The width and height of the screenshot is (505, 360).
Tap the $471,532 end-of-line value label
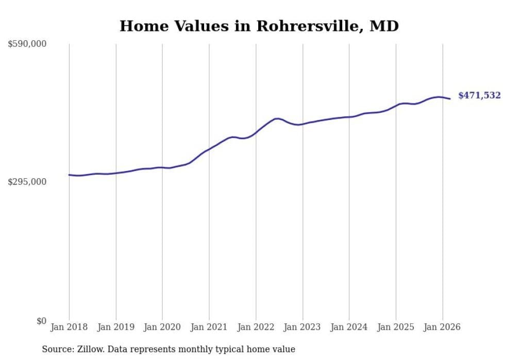[479, 95]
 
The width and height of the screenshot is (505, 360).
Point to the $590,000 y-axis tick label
[27, 44]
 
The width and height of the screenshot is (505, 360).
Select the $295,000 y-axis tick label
[27, 182]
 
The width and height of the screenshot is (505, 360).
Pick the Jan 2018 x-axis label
[69, 327]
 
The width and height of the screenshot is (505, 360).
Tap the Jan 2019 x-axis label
[116, 327]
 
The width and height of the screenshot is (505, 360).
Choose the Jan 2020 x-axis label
[162, 327]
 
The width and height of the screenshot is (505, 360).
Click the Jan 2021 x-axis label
[209, 327]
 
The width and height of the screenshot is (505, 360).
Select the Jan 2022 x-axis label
[256, 327]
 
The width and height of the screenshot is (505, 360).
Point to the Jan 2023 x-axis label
[302, 327]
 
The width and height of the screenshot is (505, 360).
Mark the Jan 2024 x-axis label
[349, 327]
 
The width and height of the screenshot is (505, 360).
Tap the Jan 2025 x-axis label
[396, 327]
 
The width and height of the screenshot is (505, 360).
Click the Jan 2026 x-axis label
[442, 327]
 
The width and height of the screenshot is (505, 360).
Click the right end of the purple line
[450, 99]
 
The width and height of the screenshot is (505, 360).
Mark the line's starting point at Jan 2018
[69, 175]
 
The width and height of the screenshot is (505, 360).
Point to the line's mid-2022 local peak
[278, 118]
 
